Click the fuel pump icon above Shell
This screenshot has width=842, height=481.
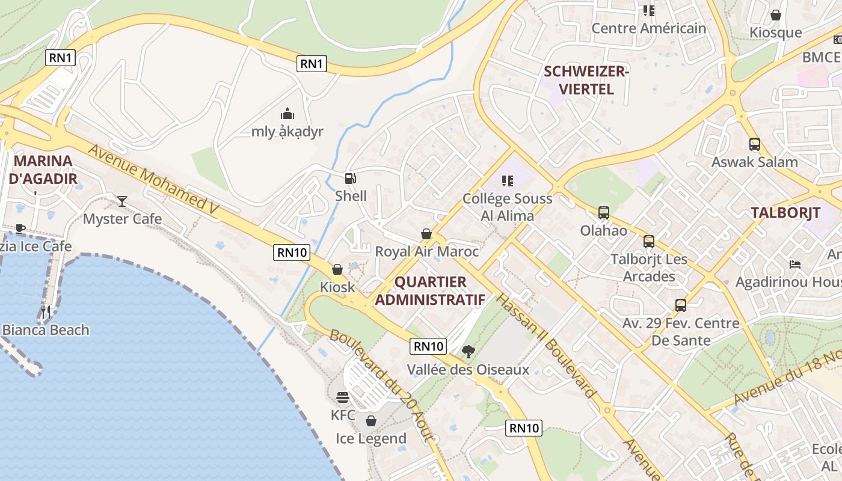click(x=350, y=178)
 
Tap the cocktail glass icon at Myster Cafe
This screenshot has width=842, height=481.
click(x=122, y=201)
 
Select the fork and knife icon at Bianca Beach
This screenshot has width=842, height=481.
click(x=46, y=311)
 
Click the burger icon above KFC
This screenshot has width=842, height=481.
click(x=343, y=397)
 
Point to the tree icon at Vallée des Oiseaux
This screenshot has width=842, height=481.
click(x=468, y=352)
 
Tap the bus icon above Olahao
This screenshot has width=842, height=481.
click(x=603, y=213)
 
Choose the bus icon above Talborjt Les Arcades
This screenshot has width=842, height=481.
click(x=648, y=242)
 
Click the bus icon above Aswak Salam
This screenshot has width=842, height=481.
click(x=754, y=144)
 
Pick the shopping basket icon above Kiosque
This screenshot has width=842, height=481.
click(x=776, y=15)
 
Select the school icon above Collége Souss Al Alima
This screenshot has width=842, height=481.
click(x=507, y=180)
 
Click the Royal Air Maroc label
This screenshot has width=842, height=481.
click(x=427, y=251)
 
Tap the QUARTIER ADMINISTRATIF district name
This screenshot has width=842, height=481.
click(x=431, y=290)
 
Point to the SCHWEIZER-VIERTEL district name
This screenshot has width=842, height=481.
click(x=586, y=81)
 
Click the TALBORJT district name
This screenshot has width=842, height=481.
click(x=785, y=213)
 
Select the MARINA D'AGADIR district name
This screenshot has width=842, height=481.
click(x=43, y=170)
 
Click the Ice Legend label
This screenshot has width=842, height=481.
click(x=371, y=438)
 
